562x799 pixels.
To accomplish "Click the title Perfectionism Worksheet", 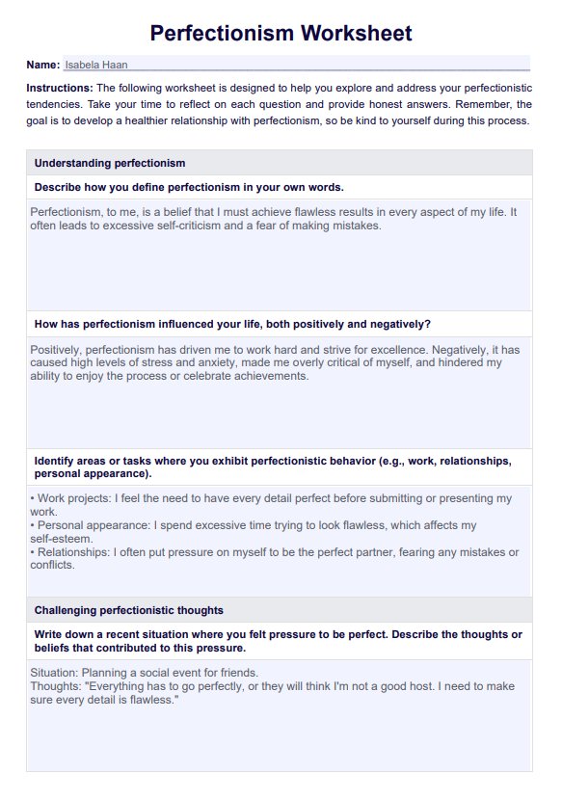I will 281,34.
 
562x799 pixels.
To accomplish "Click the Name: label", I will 43,65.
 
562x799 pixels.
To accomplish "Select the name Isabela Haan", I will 96,65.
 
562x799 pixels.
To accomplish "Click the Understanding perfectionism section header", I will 109,163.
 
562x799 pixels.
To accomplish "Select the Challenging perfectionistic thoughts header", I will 128,610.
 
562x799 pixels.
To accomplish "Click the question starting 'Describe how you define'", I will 189,187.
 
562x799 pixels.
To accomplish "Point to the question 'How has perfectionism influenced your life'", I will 232,324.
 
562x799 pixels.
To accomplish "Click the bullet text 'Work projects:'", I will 72,498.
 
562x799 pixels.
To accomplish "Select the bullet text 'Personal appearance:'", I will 90,525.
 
